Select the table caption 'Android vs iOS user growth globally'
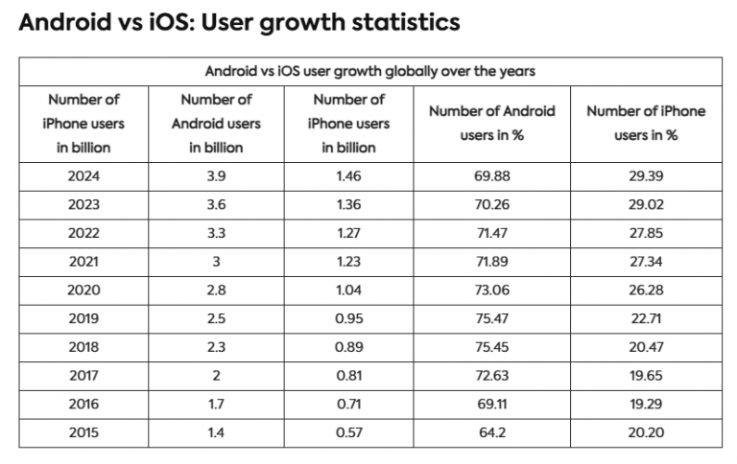369,71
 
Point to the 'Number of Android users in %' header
491,124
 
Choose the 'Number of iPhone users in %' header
645,124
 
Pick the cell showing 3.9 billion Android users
216,177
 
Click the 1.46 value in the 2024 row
348,177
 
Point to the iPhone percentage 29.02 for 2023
645,205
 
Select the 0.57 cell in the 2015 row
348,433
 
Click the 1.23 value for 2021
348,263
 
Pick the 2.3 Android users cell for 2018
216,348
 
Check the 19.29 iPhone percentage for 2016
645,405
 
